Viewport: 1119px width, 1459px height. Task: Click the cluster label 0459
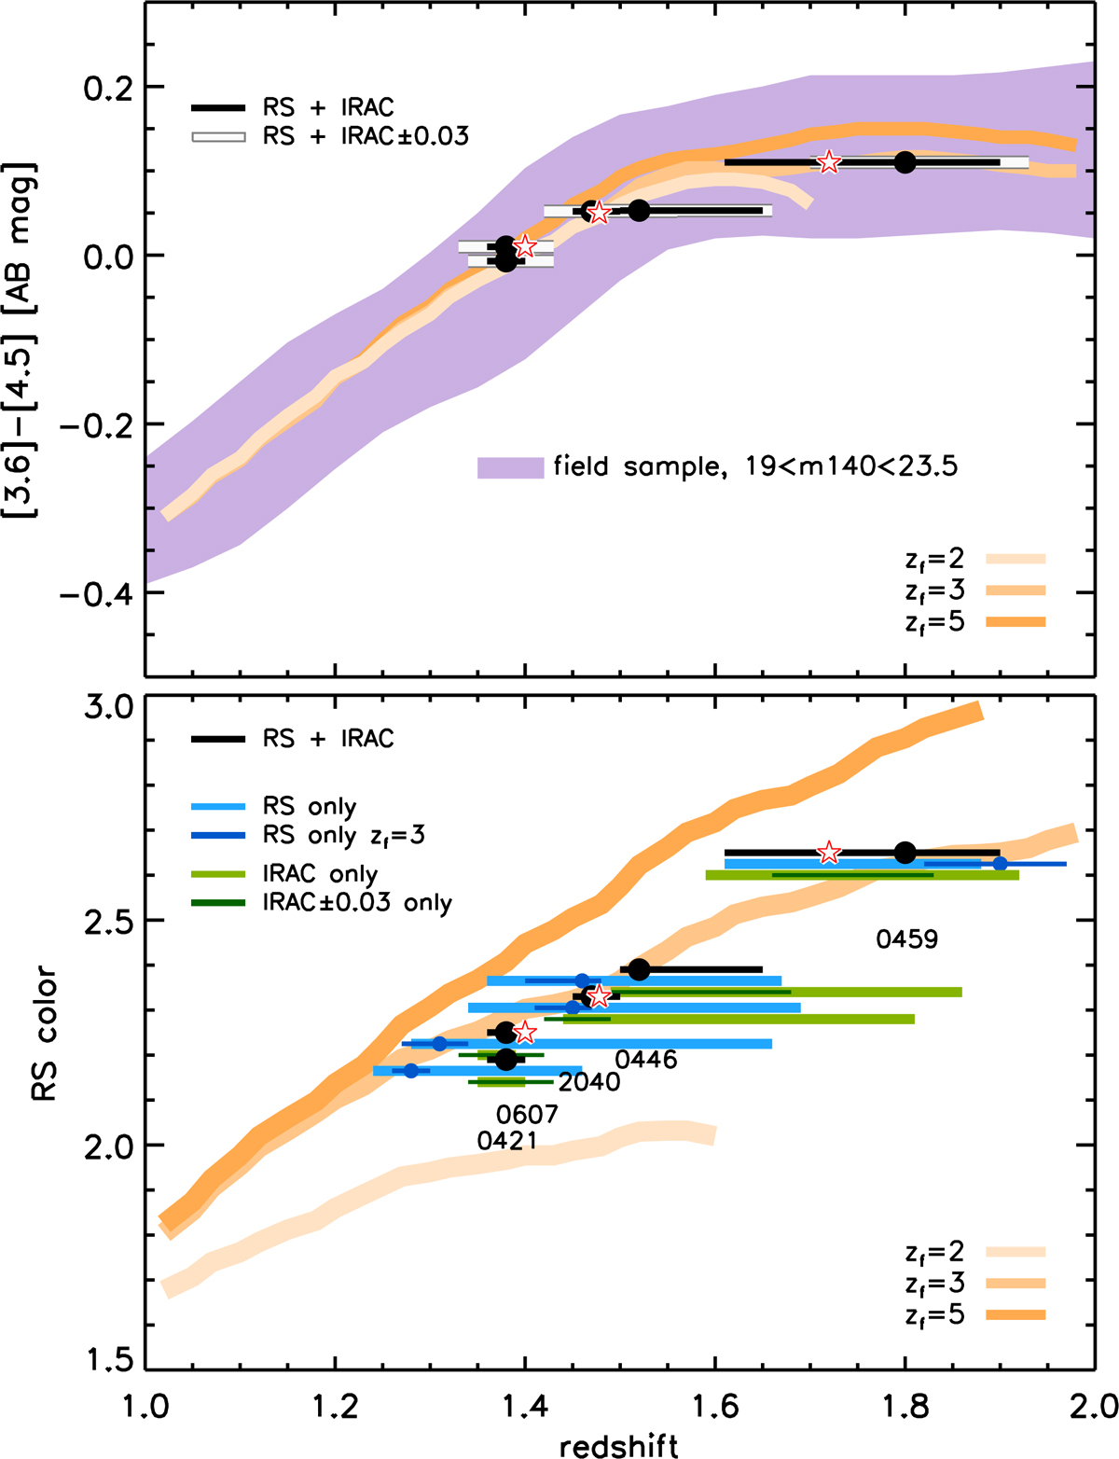906,939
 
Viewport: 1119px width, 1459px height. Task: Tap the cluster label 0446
646,1060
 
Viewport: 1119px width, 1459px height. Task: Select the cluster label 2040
589,1082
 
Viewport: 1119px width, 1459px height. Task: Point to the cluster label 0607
527,1115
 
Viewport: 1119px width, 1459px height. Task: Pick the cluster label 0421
506,1141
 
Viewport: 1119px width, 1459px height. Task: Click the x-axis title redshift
619,1446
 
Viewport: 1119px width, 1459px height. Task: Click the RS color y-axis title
45,1034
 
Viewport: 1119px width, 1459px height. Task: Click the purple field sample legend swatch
510,467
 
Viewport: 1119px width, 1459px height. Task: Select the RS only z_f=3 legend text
344,835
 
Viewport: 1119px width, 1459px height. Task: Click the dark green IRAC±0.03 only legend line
218,903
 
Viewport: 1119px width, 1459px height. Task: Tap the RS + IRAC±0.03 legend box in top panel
218,137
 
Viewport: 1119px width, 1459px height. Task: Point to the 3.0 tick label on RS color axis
108,706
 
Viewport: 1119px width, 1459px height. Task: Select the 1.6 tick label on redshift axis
714,1405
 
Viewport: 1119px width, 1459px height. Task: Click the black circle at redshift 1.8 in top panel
905,162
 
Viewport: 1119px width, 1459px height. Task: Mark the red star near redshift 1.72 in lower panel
828,853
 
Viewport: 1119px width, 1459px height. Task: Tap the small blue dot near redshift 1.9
1000,864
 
